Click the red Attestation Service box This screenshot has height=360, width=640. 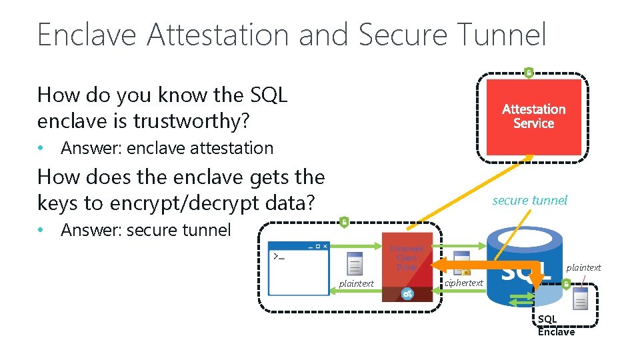click(x=533, y=117)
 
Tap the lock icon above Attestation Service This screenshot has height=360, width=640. click(x=529, y=72)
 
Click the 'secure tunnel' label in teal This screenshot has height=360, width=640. click(x=529, y=200)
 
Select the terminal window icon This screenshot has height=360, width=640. click(x=298, y=269)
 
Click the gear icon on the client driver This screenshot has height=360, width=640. click(x=407, y=293)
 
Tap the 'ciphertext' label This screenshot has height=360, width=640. click(x=463, y=283)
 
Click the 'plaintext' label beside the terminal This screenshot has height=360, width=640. click(x=356, y=283)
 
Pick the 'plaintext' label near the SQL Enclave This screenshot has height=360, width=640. click(x=583, y=267)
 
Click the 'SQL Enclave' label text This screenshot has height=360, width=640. click(x=555, y=325)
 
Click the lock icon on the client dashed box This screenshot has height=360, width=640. click(x=344, y=222)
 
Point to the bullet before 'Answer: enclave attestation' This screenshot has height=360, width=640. click(x=41, y=148)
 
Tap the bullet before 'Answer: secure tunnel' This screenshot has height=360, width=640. click(x=41, y=231)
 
